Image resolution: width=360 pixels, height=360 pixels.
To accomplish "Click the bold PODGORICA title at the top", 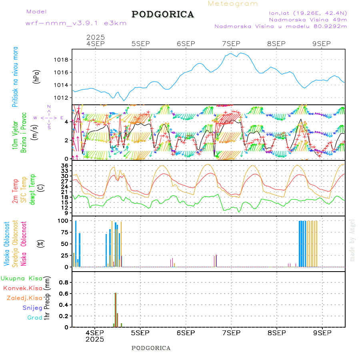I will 163,14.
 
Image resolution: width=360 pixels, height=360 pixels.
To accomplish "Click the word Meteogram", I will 233,4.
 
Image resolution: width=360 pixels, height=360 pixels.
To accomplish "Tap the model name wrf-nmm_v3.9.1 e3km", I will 76,23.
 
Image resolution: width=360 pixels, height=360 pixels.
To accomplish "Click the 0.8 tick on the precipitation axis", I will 64,282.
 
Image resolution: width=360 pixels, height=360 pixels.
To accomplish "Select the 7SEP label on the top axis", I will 231,44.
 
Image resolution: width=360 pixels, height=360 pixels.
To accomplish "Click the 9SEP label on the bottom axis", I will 322,332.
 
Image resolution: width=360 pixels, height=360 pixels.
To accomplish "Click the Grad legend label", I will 34,318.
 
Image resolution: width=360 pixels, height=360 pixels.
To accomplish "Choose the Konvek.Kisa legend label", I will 22,288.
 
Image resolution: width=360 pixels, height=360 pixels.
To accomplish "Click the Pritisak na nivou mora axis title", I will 15,76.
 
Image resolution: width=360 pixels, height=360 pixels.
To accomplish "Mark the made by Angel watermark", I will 352,240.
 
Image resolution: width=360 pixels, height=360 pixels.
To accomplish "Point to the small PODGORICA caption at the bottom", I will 151,348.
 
